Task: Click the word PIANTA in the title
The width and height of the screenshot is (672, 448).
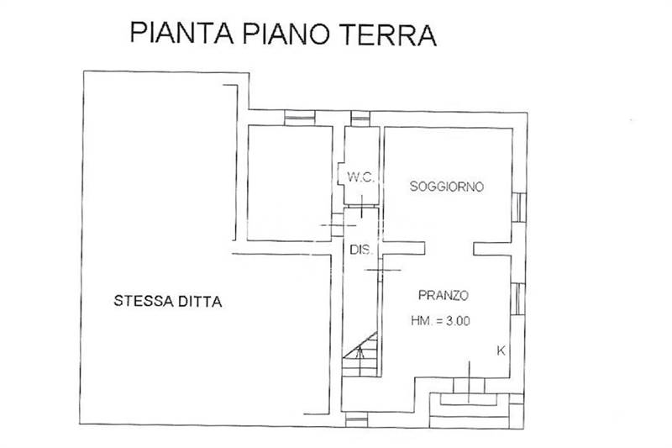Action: click(x=181, y=34)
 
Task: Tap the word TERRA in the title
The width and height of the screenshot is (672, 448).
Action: click(x=388, y=34)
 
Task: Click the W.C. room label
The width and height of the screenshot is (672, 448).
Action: click(x=361, y=177)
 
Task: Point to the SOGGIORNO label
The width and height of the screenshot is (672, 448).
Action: click(x=447, y=187)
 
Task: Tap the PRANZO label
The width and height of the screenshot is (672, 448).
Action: click(x=444, y=295)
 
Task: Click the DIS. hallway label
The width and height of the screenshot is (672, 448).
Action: click(x=360, y=250)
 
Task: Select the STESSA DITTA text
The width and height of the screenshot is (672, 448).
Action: click(x=167, y=301)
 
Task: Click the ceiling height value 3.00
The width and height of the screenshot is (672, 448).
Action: click(x=458, y=321)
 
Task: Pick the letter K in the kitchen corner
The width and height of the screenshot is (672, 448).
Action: click(x=501, y=350)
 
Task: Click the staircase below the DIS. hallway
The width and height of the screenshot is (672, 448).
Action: click(x=360, y=355)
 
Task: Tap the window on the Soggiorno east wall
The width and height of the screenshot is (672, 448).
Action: click(x=519, y=208)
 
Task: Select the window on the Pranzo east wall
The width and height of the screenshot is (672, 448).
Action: click(x=518, y=299)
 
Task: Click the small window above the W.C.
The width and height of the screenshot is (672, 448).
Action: click(x=360, y=119)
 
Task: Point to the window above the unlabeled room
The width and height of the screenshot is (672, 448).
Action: click(x=300, y=118)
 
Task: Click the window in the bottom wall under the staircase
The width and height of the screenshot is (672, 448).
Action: click(x=356, y=419)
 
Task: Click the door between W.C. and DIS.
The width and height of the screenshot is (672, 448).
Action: click(x=362, y=206)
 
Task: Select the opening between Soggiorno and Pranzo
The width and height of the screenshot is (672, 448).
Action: click(x=449, y=248)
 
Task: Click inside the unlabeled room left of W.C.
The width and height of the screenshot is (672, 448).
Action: click(x=290, y=183)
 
